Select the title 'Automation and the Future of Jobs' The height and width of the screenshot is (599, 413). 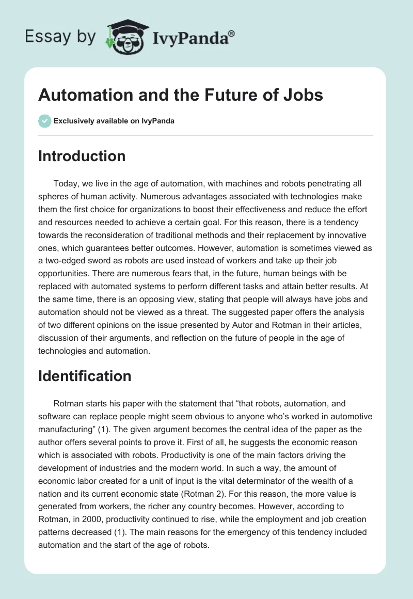181,96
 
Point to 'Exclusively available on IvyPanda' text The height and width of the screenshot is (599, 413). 114,121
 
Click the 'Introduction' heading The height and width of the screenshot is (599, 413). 82,156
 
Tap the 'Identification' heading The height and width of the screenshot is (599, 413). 85,376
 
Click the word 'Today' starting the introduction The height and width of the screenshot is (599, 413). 65,183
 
